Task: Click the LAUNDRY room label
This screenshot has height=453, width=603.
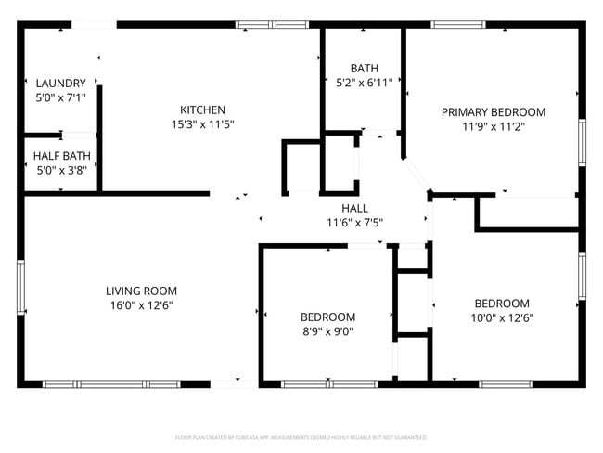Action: (60, 83)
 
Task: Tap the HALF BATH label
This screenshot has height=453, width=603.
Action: (60, 156)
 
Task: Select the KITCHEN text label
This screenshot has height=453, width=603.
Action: (202, 110)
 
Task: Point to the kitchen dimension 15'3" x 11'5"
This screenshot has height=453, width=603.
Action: (202, 123)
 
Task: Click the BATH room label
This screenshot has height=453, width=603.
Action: (364, 69)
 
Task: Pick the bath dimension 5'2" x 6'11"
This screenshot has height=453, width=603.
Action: (364, 83)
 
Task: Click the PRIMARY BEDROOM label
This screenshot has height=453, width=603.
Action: (493, 112)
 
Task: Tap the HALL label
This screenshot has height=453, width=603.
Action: (354, 209)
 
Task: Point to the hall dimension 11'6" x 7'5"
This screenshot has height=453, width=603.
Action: (354, 223)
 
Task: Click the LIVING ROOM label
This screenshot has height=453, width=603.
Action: (141, 291)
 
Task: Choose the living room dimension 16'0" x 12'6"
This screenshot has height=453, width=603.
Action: (141, 304)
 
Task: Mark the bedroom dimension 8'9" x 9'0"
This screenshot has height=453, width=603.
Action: (327, 330)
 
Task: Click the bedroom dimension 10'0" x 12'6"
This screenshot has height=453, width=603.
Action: (502, 317)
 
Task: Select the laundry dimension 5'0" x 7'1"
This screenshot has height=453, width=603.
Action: (60, 97)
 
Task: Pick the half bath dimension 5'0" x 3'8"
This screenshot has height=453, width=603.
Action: (60, 170)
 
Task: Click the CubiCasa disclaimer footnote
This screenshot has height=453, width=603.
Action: (301, 436)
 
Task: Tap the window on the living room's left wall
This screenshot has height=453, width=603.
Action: (20, 289)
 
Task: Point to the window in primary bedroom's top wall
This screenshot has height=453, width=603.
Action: (465, 25)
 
